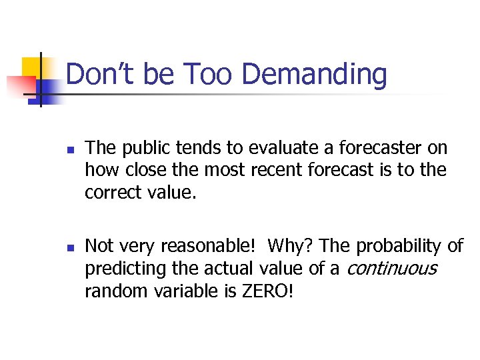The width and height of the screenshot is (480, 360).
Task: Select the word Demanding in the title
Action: pyautogui.click(x=314, y=74)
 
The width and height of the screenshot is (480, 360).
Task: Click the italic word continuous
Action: pyautogui.click(x=391, y=269)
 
